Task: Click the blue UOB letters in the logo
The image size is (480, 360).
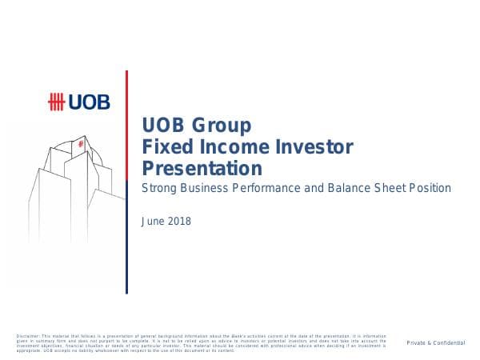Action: [90, 102]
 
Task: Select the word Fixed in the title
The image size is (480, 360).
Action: [164, 147]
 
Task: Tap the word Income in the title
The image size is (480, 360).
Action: [226, 147]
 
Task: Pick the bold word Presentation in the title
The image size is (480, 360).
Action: [202, 169]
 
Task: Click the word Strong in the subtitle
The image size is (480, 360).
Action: [159, 189]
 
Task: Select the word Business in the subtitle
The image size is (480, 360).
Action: [209, 189]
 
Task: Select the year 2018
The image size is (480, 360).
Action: [179, 221]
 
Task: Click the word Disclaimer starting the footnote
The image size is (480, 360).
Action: [27, 335]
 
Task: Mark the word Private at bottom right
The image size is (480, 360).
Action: [416, 342]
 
